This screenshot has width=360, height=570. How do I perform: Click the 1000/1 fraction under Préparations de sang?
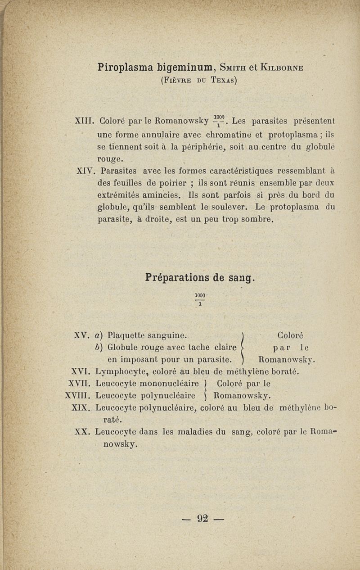point(200,299)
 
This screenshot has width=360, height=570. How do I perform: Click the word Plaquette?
point(126,335)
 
